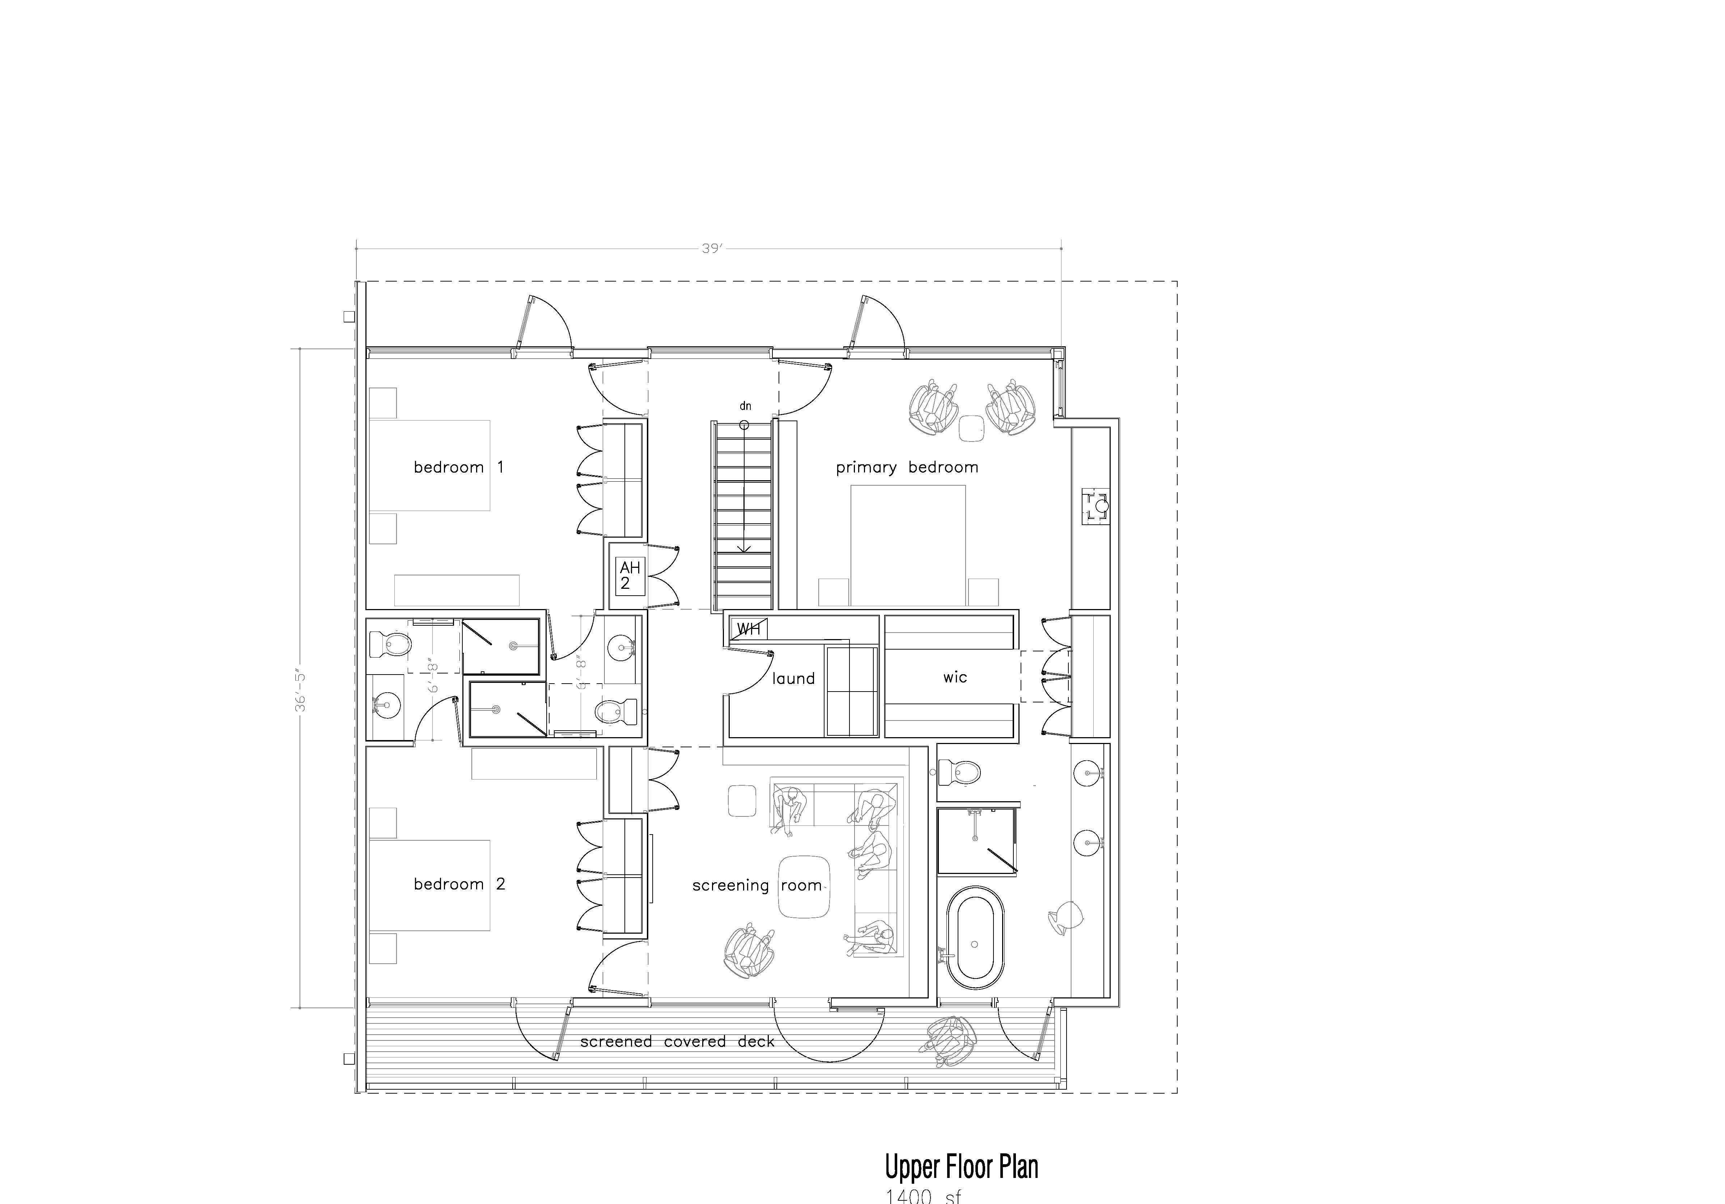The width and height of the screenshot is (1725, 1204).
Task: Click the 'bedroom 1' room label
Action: tap(458, 468)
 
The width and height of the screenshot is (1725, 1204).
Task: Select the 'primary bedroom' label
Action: tap(907, 468)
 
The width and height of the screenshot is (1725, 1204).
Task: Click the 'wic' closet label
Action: tap(955, 677)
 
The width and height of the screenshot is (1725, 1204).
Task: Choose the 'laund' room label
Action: tap(793, 679)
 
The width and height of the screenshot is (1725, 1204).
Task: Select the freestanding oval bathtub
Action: tap(974, 937)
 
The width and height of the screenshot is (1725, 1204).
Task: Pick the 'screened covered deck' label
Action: tap(677, 1042)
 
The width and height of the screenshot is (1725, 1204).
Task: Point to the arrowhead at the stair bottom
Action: tap(744, 549)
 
